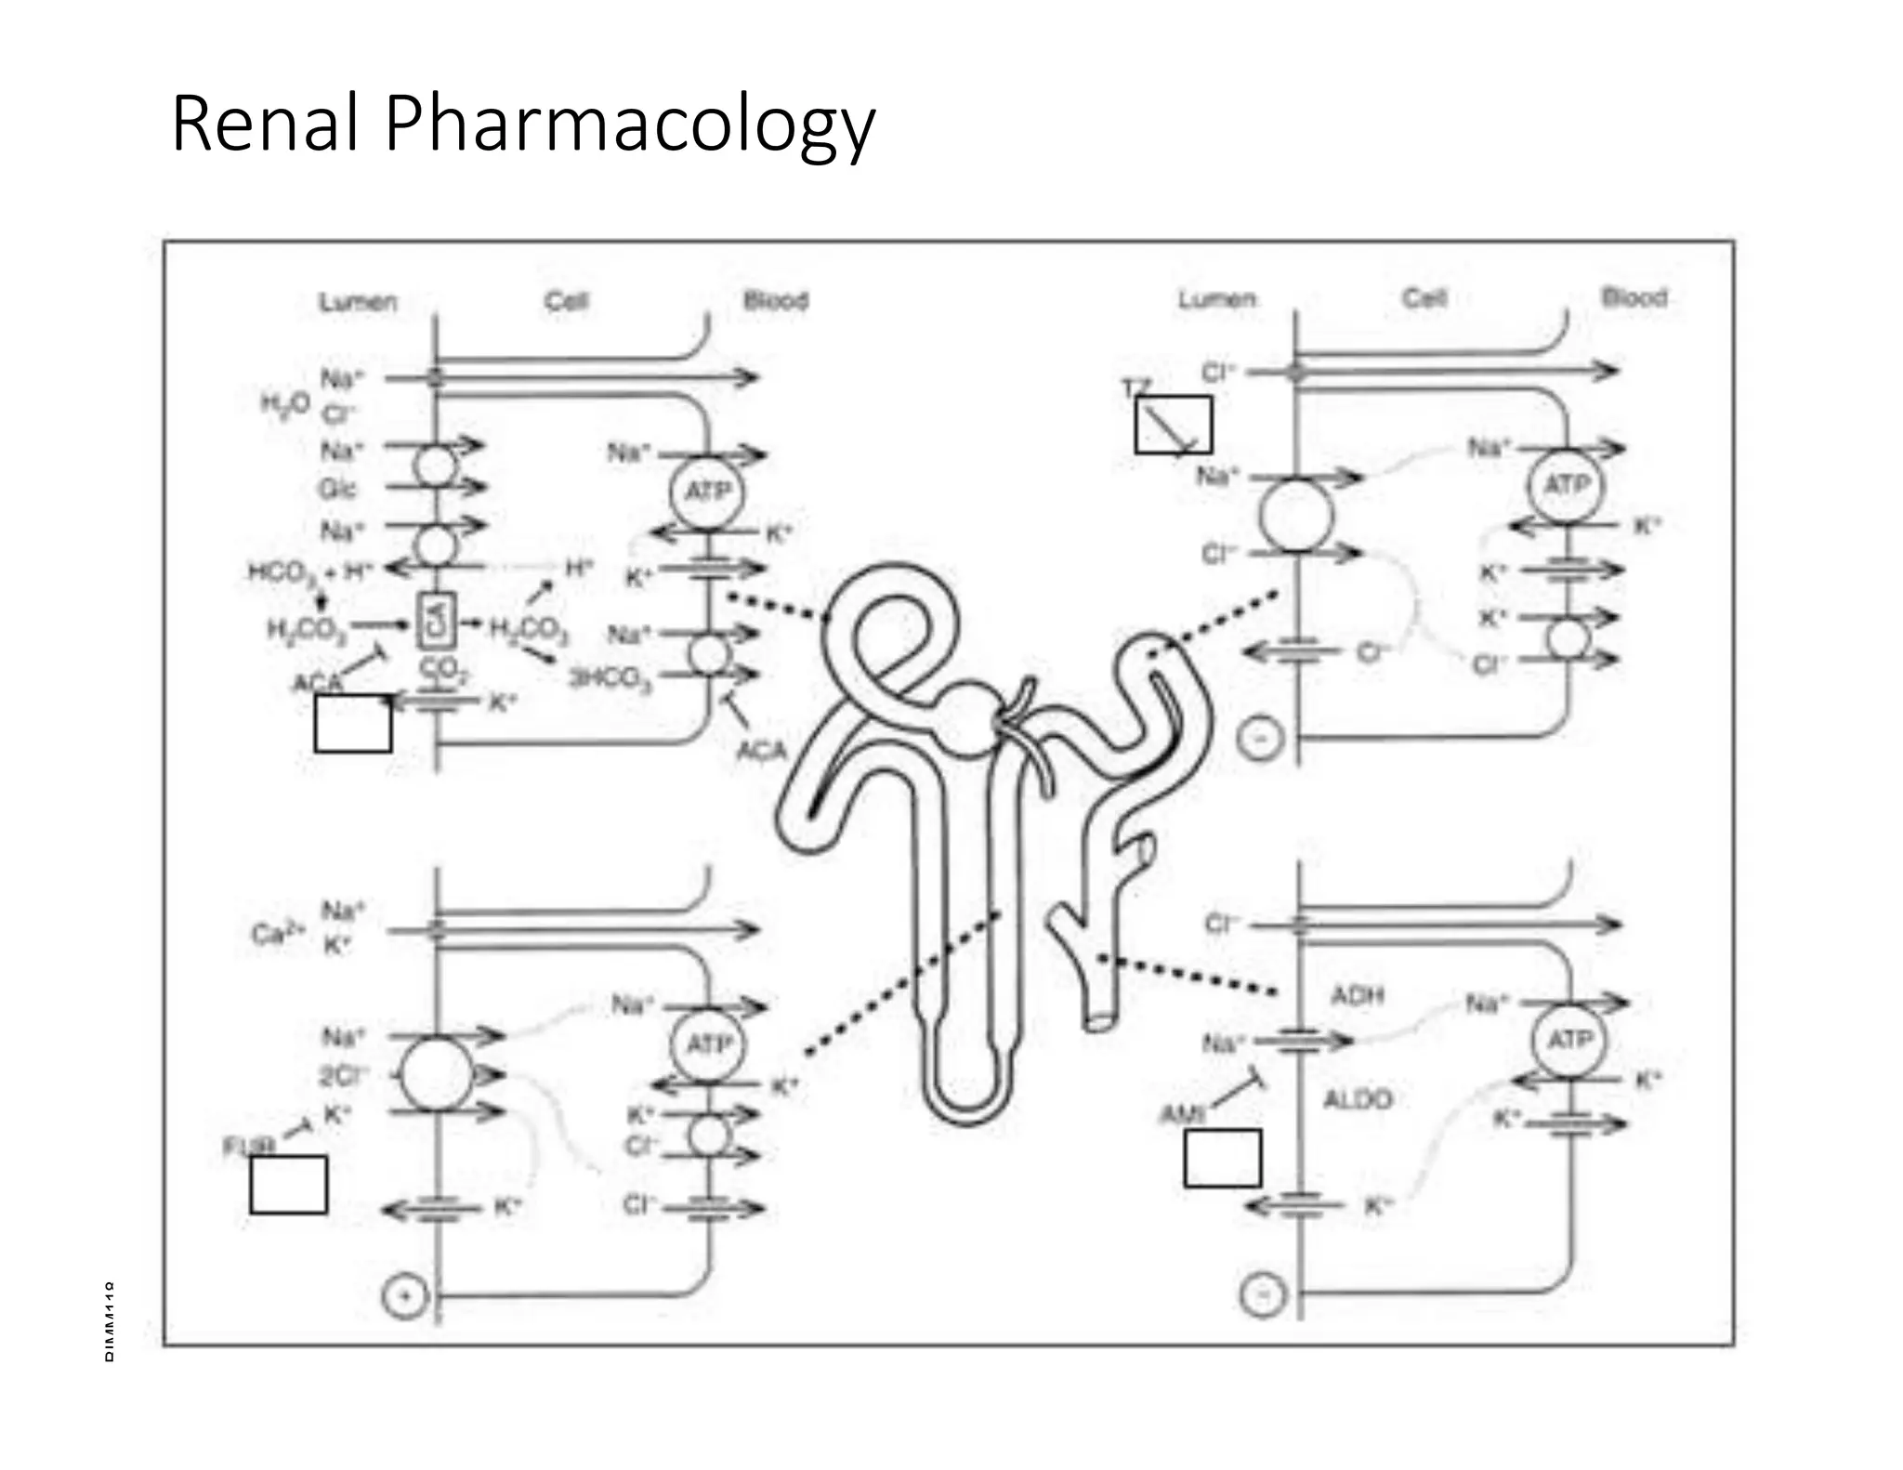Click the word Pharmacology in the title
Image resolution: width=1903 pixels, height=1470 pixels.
(629, 125)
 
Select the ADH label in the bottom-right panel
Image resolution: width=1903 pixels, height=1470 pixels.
(1357, 996)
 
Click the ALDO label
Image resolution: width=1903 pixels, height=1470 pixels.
(1357, 1099)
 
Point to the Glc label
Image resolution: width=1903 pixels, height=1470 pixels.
(339, 489)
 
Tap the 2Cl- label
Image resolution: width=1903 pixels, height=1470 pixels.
(343, 1075)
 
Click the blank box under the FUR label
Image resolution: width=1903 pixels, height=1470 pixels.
(288, 1185)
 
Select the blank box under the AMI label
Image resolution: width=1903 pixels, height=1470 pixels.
(1222, 1159)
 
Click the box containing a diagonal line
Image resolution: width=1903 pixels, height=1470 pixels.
(1173, 426)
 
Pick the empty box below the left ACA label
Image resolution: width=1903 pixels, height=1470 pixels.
(352, 723)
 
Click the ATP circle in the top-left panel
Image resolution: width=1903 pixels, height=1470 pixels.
(707, 492)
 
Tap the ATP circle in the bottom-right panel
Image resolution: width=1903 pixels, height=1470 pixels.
(1568, 1040)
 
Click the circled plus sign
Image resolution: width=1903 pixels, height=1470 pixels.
(404, 1295)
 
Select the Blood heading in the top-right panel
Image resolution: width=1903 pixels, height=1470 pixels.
(1634, 297)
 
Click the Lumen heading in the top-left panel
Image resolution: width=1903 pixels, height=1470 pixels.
(358, 302)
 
